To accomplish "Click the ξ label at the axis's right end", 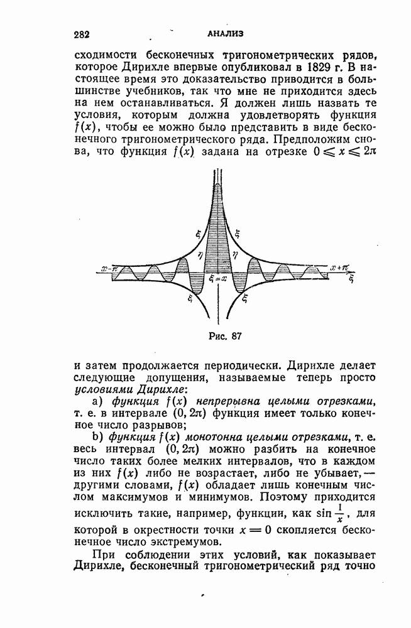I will click(352, 276).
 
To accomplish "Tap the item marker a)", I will click(97, 401).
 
